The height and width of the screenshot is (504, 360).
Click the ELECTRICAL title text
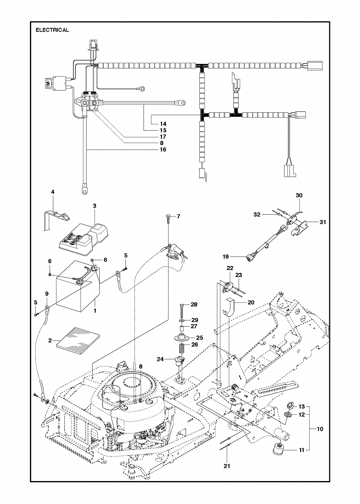tap(52, 30)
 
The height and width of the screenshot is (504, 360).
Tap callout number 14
tap(163, 124)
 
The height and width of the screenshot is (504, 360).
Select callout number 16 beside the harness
tap(163, 150)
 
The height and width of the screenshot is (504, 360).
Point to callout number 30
tap(299, 195)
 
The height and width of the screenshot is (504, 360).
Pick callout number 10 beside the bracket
tap(320, 429)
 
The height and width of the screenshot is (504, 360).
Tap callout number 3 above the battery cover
tap(95, 206)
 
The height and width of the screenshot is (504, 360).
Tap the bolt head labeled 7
tap(169, 216)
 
